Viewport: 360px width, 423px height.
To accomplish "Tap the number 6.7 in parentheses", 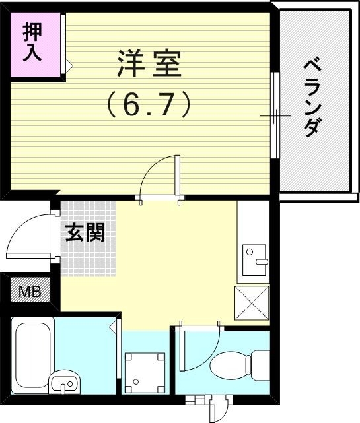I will point(149,104).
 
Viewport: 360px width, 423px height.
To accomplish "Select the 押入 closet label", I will point(32,42).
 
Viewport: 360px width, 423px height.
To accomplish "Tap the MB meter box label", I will point(28,291).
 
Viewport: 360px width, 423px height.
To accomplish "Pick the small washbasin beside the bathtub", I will point(64,382).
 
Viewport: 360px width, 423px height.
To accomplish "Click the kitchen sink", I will point(254,259).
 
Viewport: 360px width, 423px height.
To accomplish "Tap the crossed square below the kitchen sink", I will point(252,304).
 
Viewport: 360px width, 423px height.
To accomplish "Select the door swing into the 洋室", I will point(159,175).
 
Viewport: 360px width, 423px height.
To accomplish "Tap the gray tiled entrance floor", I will point(87,251).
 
